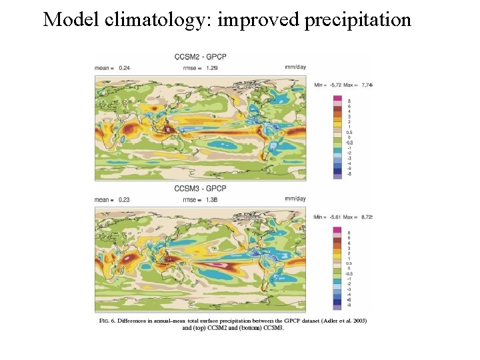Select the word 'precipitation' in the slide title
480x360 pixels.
coord(358,20)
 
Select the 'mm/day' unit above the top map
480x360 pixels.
coord(295,66)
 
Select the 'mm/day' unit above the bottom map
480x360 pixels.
coord(295,199)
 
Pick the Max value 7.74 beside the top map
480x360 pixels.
coord(365,85)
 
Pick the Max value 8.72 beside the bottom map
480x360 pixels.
coord(365,217)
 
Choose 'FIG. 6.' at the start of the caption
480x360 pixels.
coord(109,321)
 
